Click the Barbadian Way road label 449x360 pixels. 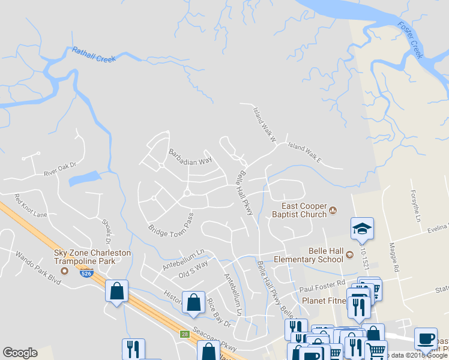(190, 157)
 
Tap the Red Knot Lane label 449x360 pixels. (31, 206)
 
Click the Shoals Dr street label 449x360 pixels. (107, 230)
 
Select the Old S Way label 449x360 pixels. (193, 268)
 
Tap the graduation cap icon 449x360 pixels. (362, 228)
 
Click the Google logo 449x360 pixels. (20, 353)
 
